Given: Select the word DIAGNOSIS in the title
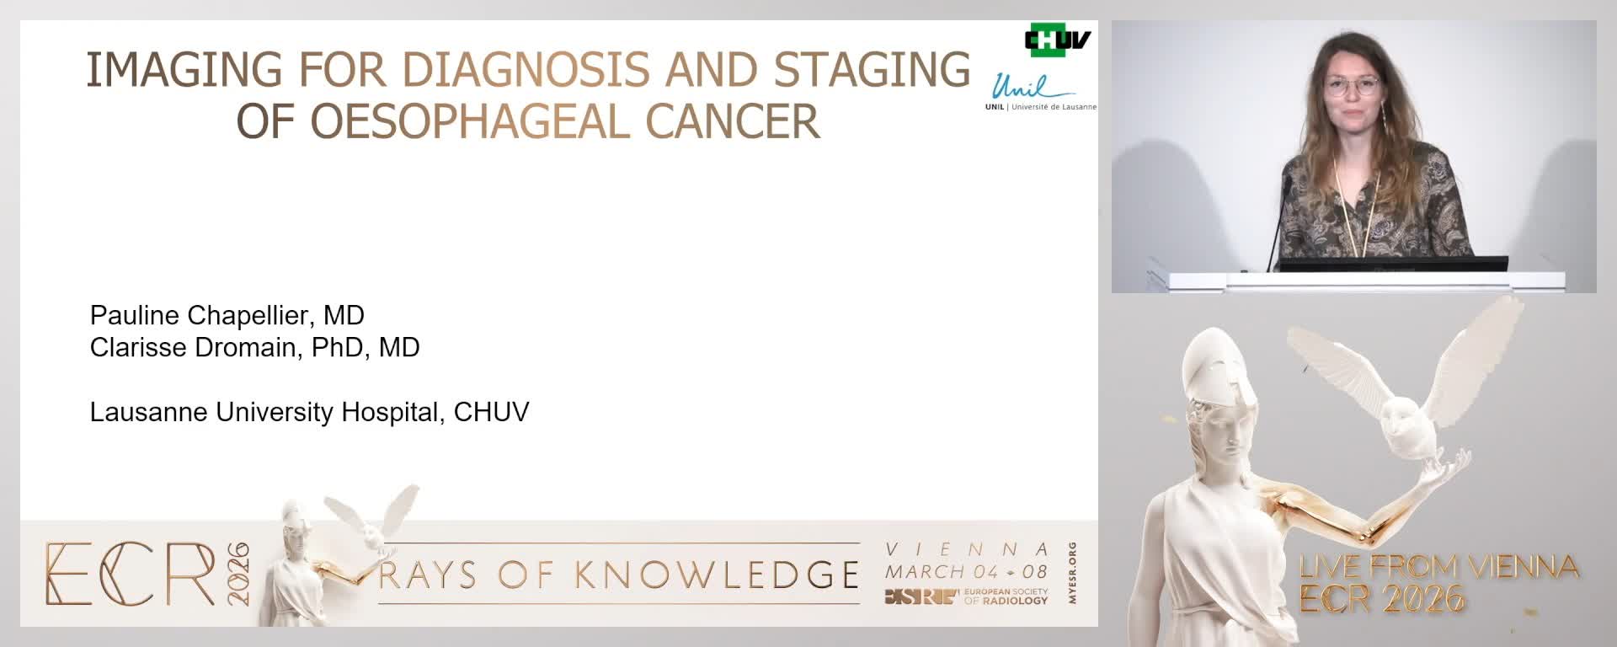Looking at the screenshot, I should [x=527, y=69].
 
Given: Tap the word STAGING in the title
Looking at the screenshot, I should [x=873, y=69].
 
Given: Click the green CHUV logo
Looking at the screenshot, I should [x=1057, y=40].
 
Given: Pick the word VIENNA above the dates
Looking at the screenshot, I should [x=967, y=550].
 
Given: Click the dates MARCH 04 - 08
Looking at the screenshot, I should [x=966, y=571].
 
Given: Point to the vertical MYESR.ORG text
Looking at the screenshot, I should [x=1071, y=573].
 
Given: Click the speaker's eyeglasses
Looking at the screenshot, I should [x=1353, y=86].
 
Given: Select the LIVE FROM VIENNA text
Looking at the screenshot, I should [x=1438, y=567].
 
